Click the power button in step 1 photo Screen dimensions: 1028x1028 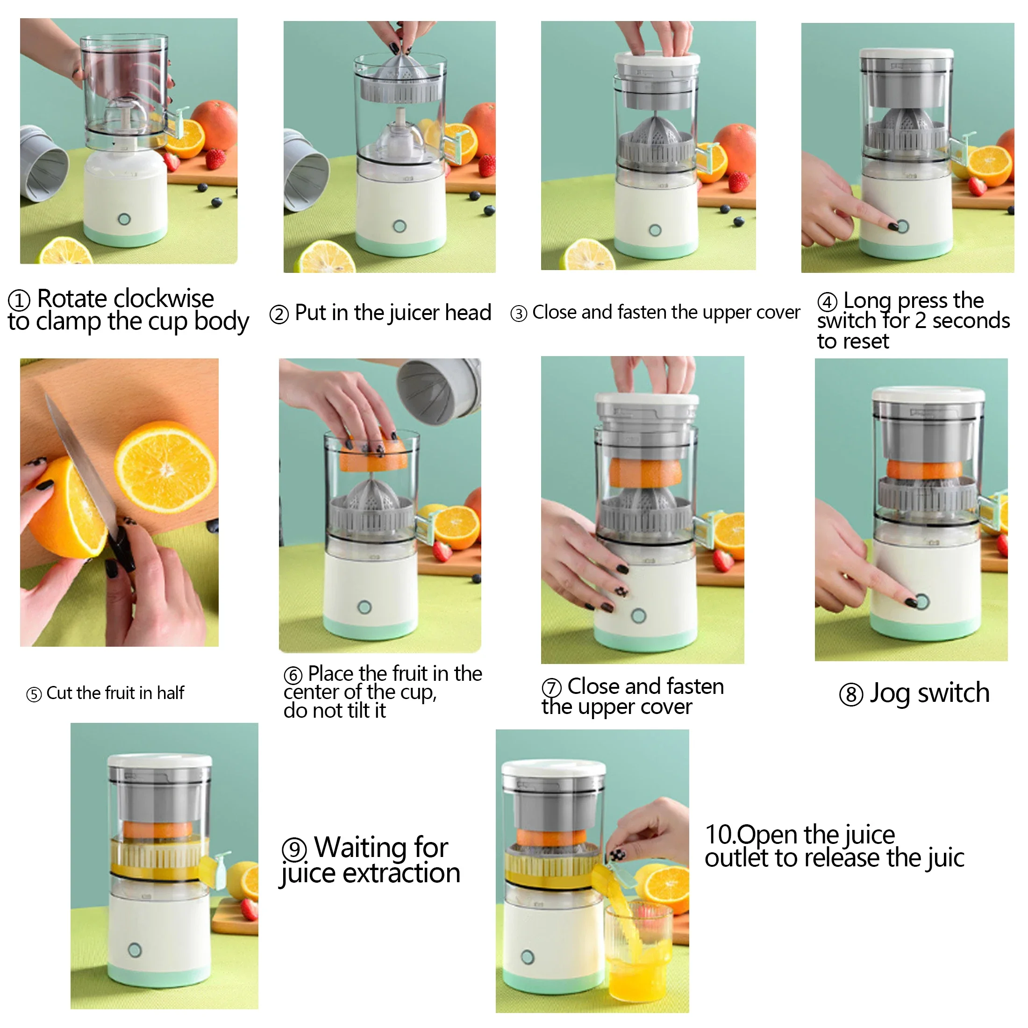(x=124, y=219)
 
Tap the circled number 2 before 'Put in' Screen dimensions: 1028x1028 (x=279, y=314)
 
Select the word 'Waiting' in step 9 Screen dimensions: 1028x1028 (x=381, y=848)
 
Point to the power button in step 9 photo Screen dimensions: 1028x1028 (x=135, y=950)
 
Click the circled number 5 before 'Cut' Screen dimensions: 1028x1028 (x=34, y=694)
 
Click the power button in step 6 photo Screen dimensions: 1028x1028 (x=364, y=607)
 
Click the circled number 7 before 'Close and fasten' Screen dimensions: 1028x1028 (x=551, y=687)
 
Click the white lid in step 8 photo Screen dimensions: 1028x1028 (x=928, y=394)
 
